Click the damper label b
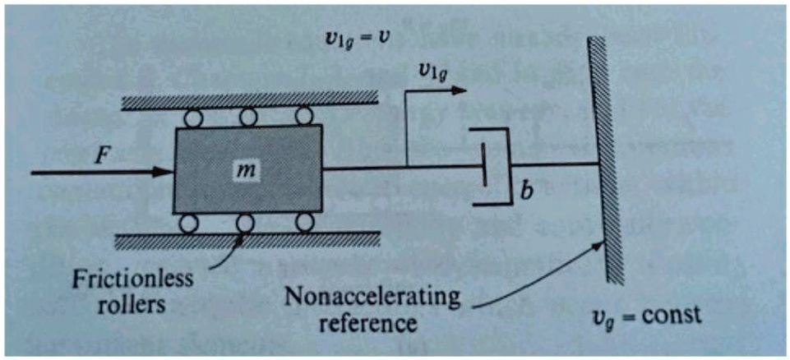(522, 197)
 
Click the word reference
(372, 321)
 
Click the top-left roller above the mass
(195, 117)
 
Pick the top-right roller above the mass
(303, 116)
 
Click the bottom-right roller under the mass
(304, 222)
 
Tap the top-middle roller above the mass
(248, 117)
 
